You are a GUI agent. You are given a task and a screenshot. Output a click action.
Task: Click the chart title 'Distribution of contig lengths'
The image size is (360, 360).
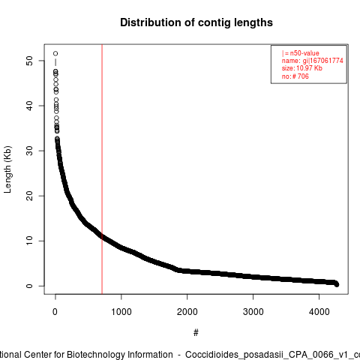tap(196, 22)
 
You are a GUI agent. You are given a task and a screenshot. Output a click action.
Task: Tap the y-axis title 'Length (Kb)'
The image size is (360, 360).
tap(7, 169)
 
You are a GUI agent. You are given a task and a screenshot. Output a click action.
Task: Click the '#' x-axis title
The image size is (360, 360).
tap(196, 333)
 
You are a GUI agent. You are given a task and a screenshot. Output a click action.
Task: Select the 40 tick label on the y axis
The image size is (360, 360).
tap(29, 106)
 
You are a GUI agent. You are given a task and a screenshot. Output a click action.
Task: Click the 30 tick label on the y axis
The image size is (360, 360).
tap(29, 151)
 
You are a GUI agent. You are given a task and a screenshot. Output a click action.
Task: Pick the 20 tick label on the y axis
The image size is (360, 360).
tap(29, 196)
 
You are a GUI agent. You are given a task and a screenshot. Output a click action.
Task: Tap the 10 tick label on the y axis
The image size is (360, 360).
tap(29, 241)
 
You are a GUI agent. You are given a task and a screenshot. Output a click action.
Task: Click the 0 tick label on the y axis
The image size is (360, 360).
tap(29, 286)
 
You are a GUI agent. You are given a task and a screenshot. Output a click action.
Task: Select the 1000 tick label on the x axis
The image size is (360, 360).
tap(121, 312)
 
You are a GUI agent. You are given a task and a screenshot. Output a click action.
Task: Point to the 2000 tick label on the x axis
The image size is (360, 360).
tap(187, 312)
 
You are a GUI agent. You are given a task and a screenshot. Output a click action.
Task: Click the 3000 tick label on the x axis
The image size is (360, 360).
tap(253, 312)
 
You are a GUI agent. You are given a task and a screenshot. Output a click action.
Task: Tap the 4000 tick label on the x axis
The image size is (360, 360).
tap(319, 312)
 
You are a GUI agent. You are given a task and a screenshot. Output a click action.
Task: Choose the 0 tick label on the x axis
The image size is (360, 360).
tap(55, 312)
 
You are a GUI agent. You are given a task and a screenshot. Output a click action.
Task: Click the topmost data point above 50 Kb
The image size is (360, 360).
tap(55, 53)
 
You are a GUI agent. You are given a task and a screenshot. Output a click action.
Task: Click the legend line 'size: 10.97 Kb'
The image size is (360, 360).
tap(302, 68)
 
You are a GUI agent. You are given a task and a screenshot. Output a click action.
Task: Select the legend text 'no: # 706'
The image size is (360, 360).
tap(295, 76)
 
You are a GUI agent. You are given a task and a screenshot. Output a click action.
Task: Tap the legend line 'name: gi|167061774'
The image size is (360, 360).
tap(313, 61)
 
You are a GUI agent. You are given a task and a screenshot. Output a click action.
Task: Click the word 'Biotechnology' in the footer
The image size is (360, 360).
tap(120, 355)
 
